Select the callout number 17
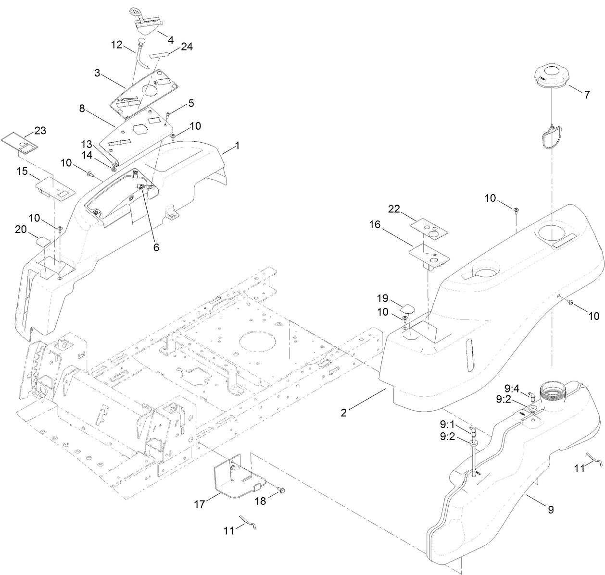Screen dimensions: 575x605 pyautogui.click(x=200, y=504)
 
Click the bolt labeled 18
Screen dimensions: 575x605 pyautogui.click(x=282, y=490)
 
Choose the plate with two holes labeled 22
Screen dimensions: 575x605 pyautogui.click(x=429, y=227)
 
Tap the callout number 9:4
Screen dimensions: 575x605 pyautogui.click(x=512, y=388)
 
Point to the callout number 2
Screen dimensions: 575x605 pyautogui.click(x=343, y=413)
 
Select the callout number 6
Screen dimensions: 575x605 pyautogui.click(x=156, y=247)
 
